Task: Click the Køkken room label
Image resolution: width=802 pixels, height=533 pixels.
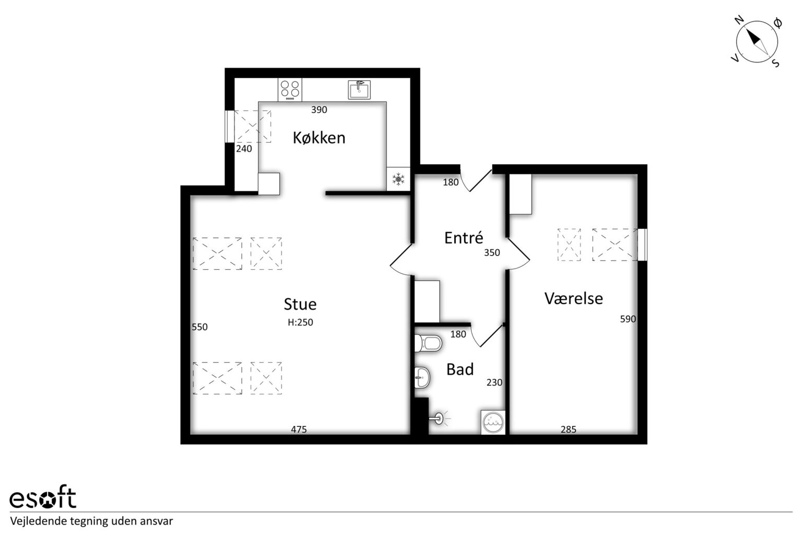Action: pyautogui.click(x=319, y=138)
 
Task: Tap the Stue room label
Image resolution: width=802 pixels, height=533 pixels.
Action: pyautogui.click(x=300, y=305)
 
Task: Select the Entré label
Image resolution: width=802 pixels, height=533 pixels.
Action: pyautogui.click(x=464, y=238)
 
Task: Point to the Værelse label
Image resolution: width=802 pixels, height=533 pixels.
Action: pyautogui.click(x=574, y=298)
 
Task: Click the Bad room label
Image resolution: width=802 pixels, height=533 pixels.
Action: pyautogui.click(x=460, y=369)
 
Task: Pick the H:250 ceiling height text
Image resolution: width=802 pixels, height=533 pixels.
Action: pyautogui.click(x=300, y=322)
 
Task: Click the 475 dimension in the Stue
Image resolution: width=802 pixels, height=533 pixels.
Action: pyautogui.click(x=299, y=429)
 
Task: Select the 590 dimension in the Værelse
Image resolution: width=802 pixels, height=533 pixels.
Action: pyautogui.click(x=628, y=319)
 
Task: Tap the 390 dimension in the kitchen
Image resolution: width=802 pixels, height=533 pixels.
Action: pyautogui.click(x=319, y=110)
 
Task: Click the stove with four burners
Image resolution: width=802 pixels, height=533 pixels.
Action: pyautogui.click(x=290, y=89)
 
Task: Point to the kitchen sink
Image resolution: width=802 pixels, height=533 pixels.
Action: pyautogui.click(x=359, y=89)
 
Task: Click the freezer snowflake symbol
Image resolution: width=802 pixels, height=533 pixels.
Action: pyautogui.click(x=398, y=179)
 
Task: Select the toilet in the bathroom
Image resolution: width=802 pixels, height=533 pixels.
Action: pyautogui.click(x=428, y=343)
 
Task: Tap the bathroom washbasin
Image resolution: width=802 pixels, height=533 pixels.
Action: pyautogui.click(x=422, y=377)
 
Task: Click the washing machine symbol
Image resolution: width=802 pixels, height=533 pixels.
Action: pyautogui.click(x=493, y=422)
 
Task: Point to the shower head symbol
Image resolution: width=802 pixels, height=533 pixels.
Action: pyautogui.click(x=440, y=418)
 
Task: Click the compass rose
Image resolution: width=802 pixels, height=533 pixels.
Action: pyautogui.click(x=757, y=42)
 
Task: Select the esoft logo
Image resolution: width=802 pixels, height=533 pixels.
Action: pyautogui.click(x=43, y=496)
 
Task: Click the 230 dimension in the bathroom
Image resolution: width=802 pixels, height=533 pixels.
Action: pyautogui.click(x=494, y=383)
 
